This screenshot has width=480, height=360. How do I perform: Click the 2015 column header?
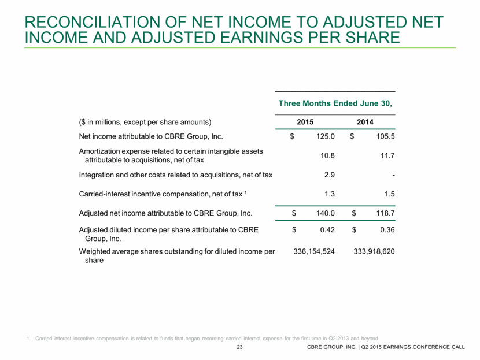tap(305, 123)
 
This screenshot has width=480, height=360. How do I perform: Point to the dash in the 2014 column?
tap(393, 175)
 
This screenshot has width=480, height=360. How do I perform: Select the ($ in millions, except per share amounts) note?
tap(145, 123)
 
